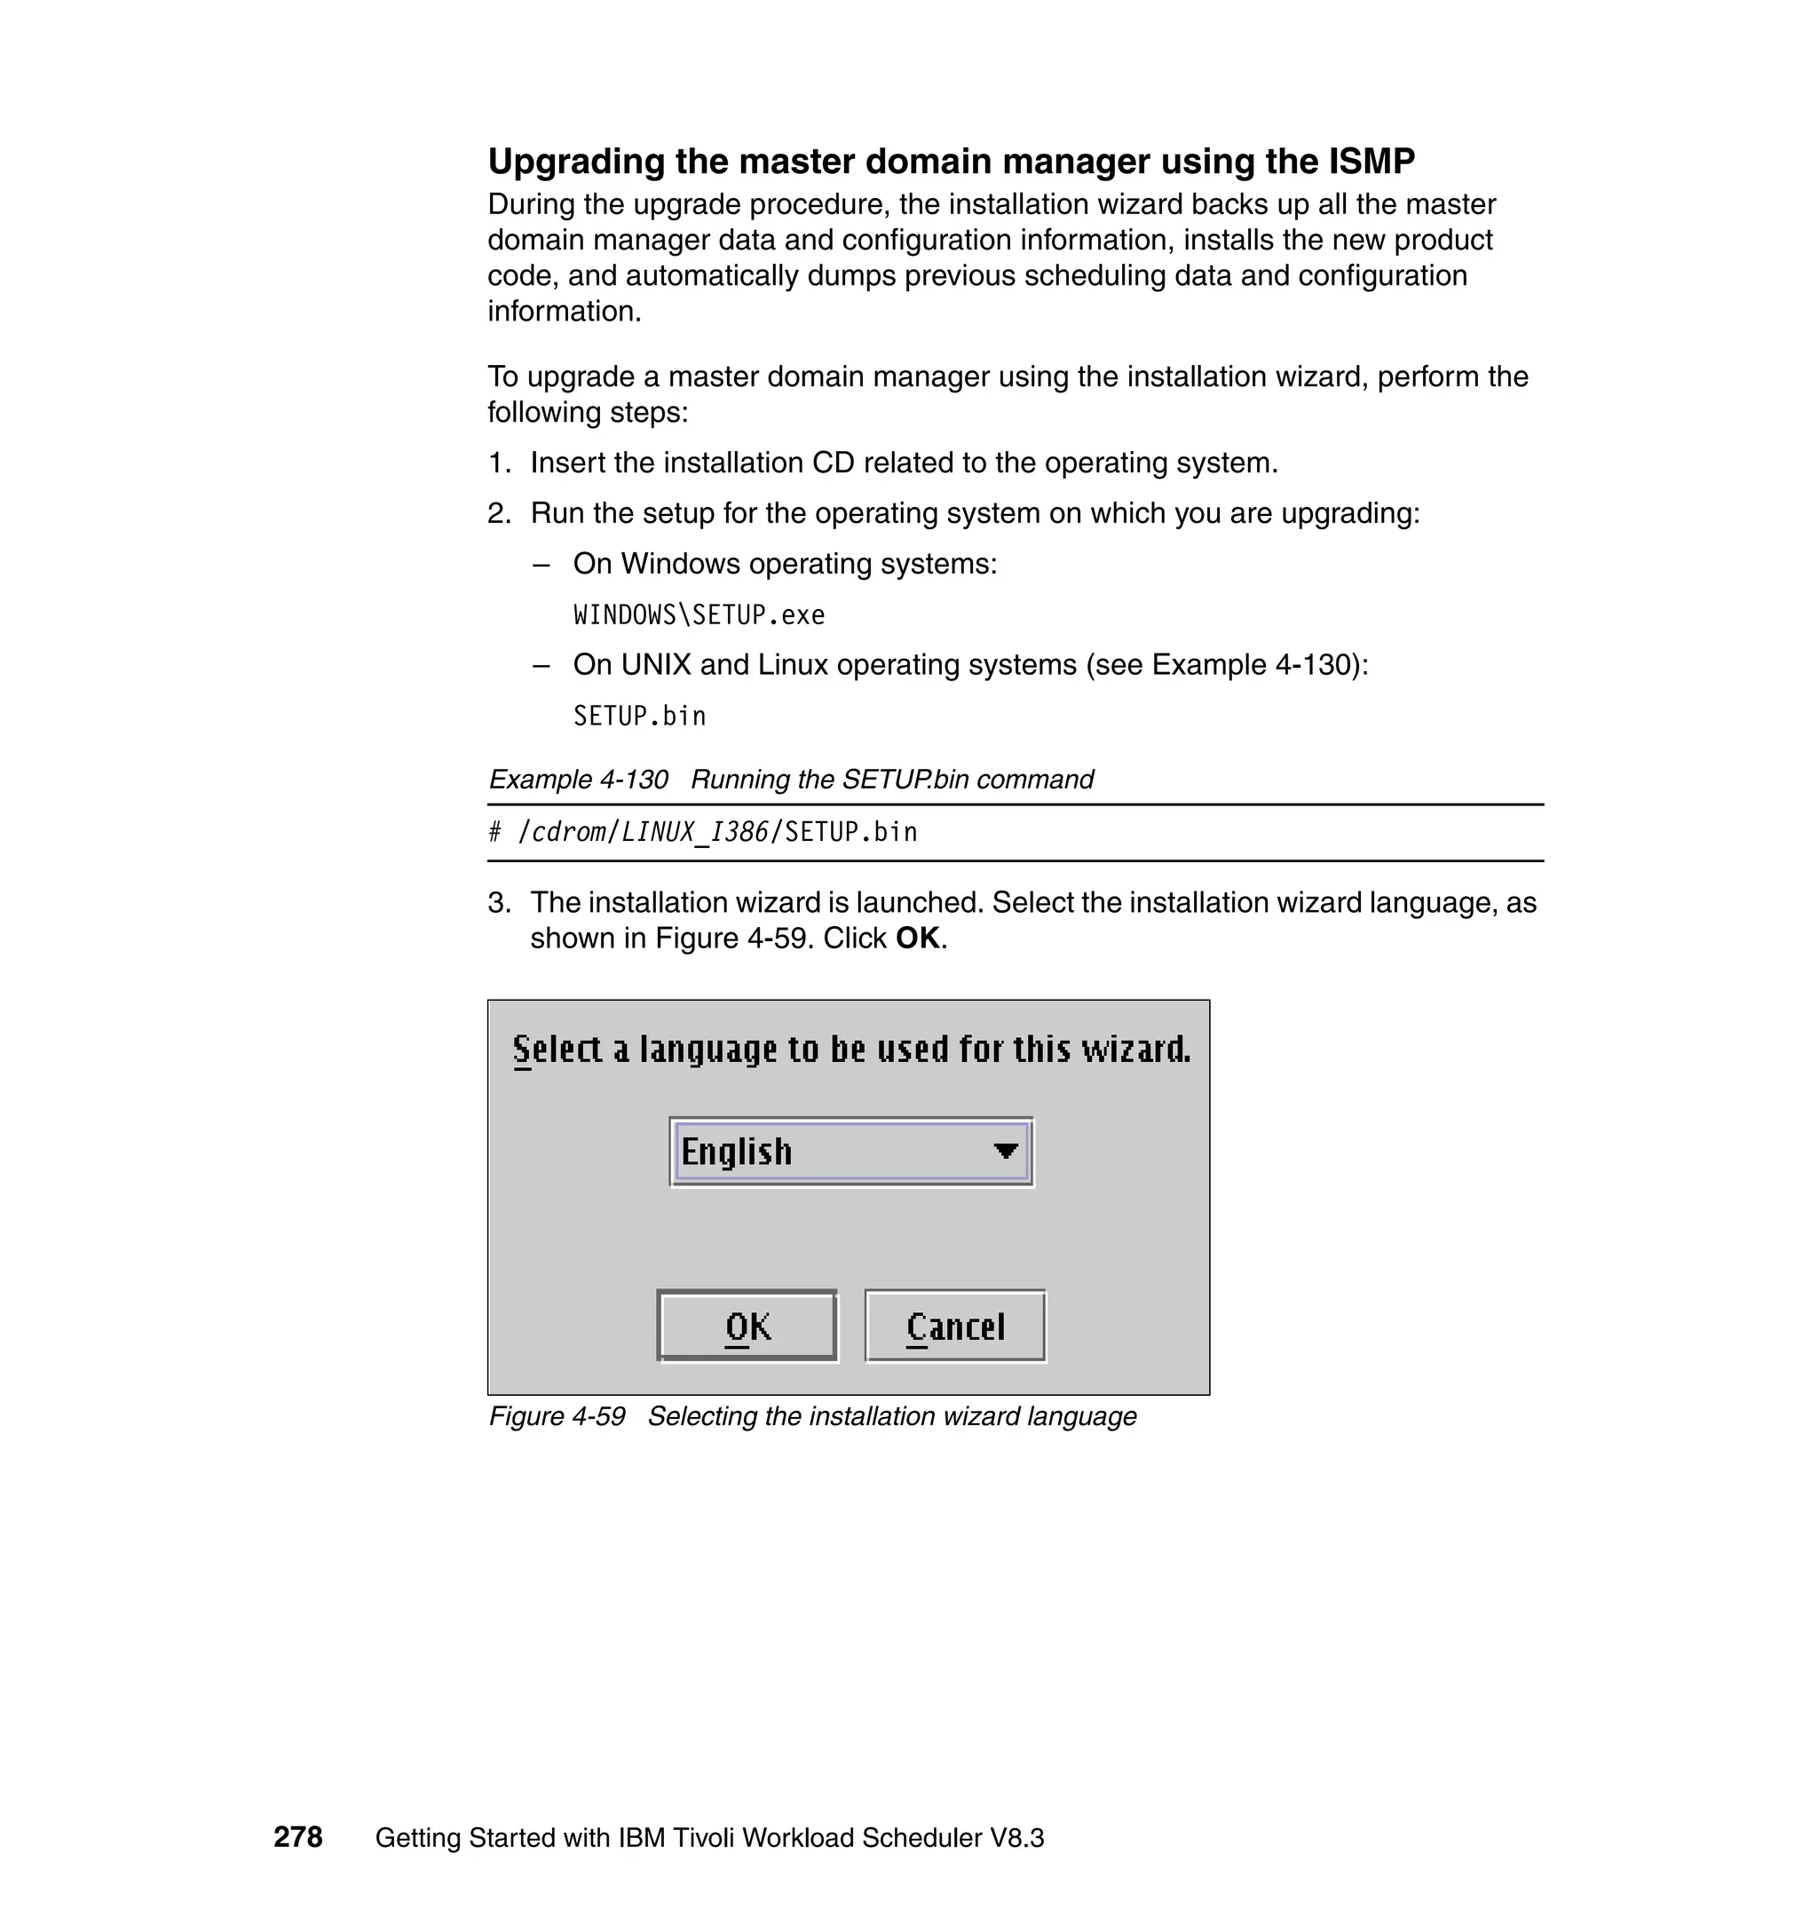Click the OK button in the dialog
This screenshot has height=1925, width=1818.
pyautogui.click(x=747, y=1326)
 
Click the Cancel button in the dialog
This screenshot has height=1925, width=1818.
pyautogui.click(x=955, y=1326)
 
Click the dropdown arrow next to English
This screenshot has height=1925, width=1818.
pyautogui.click(x=1006, y=1152)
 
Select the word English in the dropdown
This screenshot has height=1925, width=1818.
pyautogui.click(x=737, y=1152)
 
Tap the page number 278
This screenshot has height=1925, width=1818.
pyautogui.click(x=297, y=1837)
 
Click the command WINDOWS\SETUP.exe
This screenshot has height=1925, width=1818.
pyautogui.click(x=699, y=615)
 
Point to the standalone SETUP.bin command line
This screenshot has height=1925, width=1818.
pyautogui.click(x=640, y=717)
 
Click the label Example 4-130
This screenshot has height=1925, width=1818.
pyautogui.click(x=579, y=780)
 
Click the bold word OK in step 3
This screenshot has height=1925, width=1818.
pyautogui.click(x=917, y=939)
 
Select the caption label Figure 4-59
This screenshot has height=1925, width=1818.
pyautogui.click(x=557, y=1416)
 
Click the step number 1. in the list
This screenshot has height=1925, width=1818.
pyautogui.click(x=498, y=463)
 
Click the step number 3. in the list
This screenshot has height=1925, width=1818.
pyautogui.click(x=498, y=903)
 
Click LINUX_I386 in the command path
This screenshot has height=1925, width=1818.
pyautogui.click(x=695, y=833)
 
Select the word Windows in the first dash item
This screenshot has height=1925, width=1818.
pyautogui.click(x=680, y=564)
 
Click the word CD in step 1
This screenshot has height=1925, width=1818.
pyautogui.click(x=834, y=463)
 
